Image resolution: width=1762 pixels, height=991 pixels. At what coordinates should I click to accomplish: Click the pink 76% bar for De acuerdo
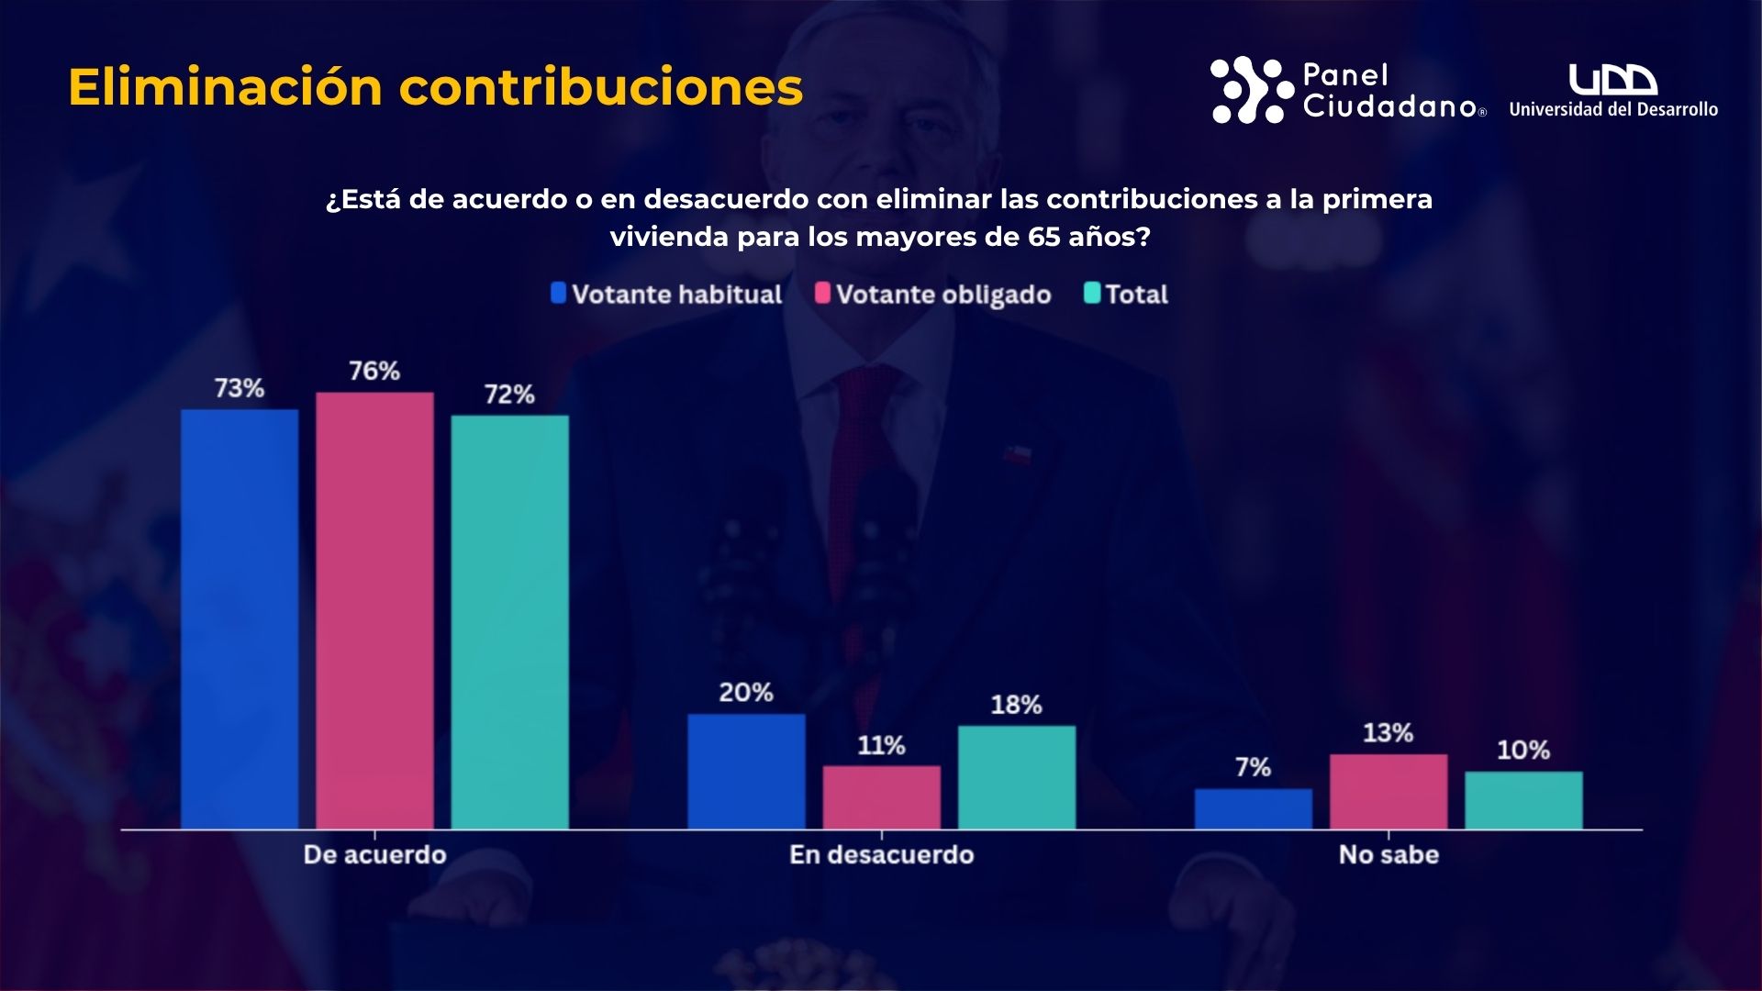point(374,610)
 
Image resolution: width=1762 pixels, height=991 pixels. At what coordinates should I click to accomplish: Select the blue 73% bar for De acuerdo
point(240,619)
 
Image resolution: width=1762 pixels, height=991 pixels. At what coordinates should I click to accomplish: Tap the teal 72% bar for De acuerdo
point(509,622)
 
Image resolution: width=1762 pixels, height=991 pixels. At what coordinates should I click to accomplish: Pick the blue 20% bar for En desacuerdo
point(746,772)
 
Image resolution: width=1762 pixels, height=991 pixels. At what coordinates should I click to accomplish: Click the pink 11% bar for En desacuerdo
point(881,797)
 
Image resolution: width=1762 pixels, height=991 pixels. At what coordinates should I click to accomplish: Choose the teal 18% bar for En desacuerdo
point(1017,777)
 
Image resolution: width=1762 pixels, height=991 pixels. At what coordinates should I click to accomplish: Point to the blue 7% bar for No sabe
point(1253,808)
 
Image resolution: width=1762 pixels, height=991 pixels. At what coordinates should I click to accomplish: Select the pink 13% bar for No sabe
point(1388,792)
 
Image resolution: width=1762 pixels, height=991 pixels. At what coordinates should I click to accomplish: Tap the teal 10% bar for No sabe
point(1523,800)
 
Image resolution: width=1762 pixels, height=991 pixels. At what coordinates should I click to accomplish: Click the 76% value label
point(374,371)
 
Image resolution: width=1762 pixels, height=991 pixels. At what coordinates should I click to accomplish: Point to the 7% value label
point(1253,767)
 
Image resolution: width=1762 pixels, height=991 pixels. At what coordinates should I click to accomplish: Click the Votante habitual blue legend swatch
point(558,294)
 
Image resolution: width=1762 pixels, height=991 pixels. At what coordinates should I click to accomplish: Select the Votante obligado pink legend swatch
point(822,294)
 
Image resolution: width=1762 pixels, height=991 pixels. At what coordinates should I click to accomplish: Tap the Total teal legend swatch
point(1092,294)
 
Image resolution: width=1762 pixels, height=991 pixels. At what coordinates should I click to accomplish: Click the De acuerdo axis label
point(374,855)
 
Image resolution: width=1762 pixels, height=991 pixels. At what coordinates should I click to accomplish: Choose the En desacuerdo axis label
point(881,855)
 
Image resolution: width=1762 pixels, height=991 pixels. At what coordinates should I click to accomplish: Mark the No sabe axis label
point(1388,855)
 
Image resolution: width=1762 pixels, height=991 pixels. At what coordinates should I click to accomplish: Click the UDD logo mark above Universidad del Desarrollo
point(1612,80)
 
